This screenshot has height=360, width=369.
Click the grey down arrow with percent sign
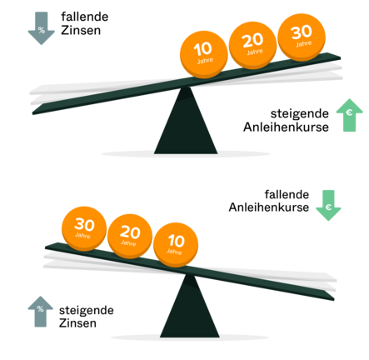[x=42, y=28]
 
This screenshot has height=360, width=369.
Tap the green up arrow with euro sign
[x=349, y=115]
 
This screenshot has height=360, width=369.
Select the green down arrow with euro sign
[x=328, y=205]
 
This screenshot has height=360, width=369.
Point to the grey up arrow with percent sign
[x=41, y=312]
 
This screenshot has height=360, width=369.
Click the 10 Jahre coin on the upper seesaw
[x=204, y=54]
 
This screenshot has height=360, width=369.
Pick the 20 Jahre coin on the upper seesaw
[x=253, y=45]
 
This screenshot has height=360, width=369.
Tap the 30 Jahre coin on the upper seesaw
[x=302, y=37]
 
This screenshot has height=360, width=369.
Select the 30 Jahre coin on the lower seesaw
[x=84, y=228]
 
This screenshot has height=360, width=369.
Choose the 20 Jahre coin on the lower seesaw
[x=130, y=237]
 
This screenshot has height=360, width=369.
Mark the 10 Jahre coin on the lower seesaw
[x=176, y=245]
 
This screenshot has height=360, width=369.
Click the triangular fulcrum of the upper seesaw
[x=186, y=121]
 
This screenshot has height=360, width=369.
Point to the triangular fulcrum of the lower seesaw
[x=189, y=306]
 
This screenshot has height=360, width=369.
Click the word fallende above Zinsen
[x=85, y=17]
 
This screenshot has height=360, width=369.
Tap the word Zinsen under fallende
[x=81, y=30]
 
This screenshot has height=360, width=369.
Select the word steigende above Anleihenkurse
[x=300, y=114]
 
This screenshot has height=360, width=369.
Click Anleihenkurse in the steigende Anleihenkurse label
[x=286, y=127]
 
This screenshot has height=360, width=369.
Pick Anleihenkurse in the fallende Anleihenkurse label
[x=269, y=207]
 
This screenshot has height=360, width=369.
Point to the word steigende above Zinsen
[x=87, y=311]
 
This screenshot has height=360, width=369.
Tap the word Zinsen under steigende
[x=77, y=323]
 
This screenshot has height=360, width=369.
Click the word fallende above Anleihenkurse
[x=287, y=194]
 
